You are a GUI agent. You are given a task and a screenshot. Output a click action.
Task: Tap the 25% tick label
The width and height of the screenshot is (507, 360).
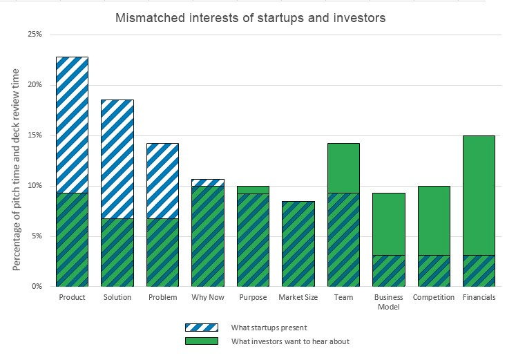pos(35,34)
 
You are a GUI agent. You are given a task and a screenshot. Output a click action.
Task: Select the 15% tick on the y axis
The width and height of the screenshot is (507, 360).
pos(35,135)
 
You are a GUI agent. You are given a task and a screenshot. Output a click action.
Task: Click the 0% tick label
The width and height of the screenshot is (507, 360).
pos(37,286)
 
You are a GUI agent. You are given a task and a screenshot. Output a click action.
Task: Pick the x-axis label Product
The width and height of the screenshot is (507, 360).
pos(72,298)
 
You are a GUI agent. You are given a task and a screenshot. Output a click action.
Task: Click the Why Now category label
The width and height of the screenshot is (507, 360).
pos(207,298)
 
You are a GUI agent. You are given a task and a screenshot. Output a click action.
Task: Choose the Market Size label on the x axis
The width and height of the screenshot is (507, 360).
pos(298,298)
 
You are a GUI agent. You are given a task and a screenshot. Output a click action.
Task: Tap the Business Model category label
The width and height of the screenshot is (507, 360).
pos(388,302)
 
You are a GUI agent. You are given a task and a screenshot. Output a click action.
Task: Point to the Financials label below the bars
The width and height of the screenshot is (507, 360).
pos(479,298)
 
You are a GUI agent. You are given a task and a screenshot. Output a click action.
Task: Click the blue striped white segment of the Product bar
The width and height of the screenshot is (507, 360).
pos(72,124)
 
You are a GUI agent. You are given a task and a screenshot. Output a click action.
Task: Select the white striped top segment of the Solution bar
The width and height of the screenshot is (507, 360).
pos(117,159)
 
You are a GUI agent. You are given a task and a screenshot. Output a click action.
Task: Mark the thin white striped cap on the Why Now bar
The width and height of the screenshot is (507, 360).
pos(207,182)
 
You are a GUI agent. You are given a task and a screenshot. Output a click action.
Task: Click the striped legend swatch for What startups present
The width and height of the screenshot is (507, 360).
pos(201,327)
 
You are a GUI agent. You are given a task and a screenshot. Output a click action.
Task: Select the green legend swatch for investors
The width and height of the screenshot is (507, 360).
pos(201,340)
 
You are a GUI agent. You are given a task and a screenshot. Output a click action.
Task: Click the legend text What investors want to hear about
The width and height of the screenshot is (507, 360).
pos(280,341)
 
